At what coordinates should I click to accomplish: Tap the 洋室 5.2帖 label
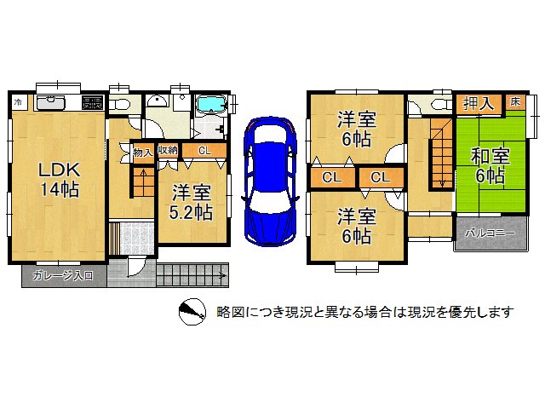pos(191,203)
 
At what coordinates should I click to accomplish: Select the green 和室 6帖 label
pos(490,166)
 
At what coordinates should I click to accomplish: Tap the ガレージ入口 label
pos(63,276)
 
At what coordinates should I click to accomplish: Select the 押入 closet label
pos(479,103)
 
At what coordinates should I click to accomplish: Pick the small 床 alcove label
pos(515,102)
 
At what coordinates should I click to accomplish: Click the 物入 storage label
pos(143,153)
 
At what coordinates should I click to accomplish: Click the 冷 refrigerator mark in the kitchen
pos(19,103)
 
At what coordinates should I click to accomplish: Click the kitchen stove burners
pos(92,104)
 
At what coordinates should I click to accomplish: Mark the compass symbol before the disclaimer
pos(192,313)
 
